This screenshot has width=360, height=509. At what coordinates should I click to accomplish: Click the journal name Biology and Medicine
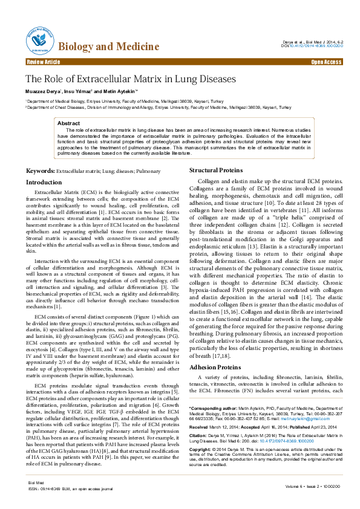(x=101, y=47)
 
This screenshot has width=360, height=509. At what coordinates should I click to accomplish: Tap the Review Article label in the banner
(x=44, y=62)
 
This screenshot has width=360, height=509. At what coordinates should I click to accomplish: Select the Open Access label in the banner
(x=326, y=62)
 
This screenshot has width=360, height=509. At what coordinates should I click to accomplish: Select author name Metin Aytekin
(x=120, y=91)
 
